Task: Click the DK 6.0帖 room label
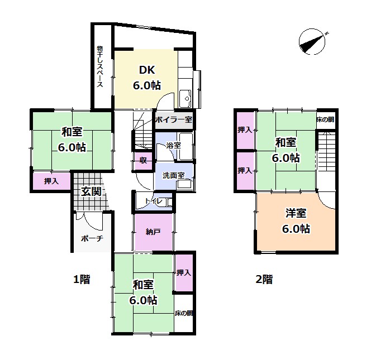(147, 78)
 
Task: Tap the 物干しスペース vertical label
(100, 66)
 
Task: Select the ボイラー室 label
(174, 119)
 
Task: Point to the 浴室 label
(173, 145)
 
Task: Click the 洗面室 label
(173, 175)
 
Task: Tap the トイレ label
(154, 201)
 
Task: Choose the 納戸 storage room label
(153, 232)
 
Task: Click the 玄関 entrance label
(91, 191)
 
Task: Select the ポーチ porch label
(92, 238)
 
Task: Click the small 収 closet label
(143, 161)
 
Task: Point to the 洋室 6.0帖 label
(296, 221)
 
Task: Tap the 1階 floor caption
(82, 280)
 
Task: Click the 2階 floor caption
(264, 279)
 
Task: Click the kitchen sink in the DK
(185, 98)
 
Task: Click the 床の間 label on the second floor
(326, 119)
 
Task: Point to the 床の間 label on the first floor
(184, 313)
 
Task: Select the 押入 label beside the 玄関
(51, 181)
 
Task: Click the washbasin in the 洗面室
(184, 184)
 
